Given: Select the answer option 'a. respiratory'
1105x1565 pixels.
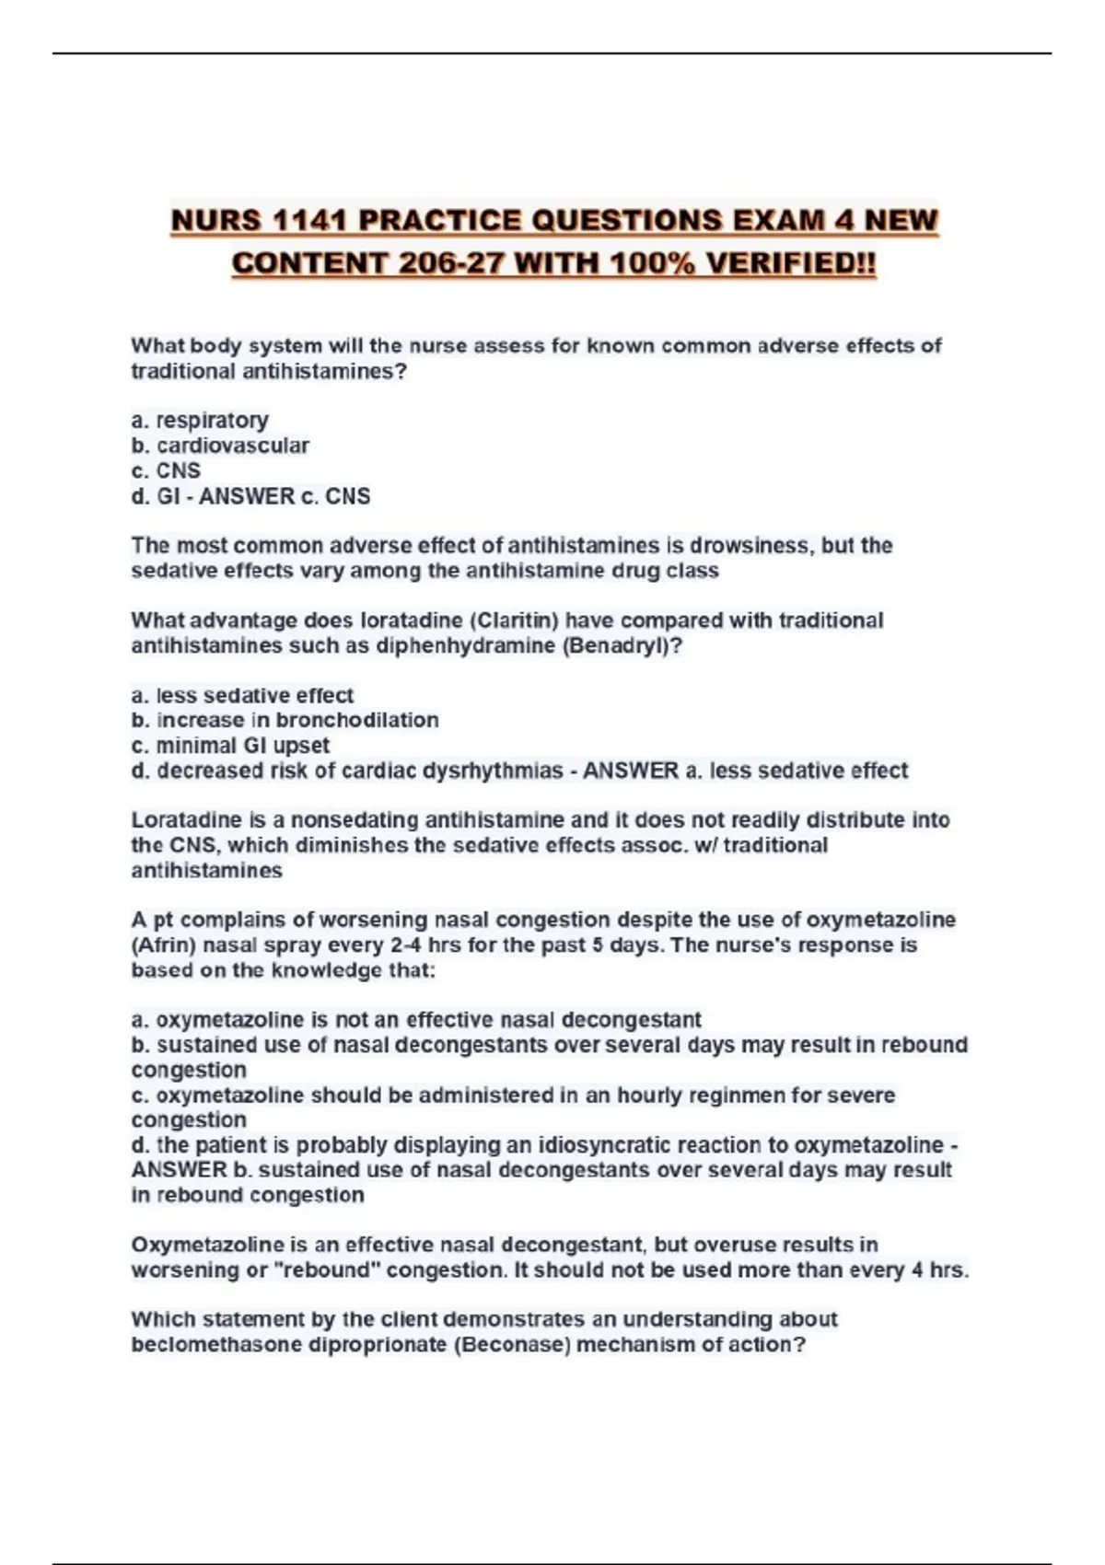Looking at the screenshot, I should click(x=200, y=421).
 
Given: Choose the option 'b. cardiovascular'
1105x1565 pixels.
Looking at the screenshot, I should click(x=220, y=446).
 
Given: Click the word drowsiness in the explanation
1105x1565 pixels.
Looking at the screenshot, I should click(x=750, y=546).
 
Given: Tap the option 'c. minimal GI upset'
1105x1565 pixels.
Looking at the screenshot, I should click(x=230, y=746).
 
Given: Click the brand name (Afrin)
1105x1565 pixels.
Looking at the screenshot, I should click(x=163, y=945).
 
